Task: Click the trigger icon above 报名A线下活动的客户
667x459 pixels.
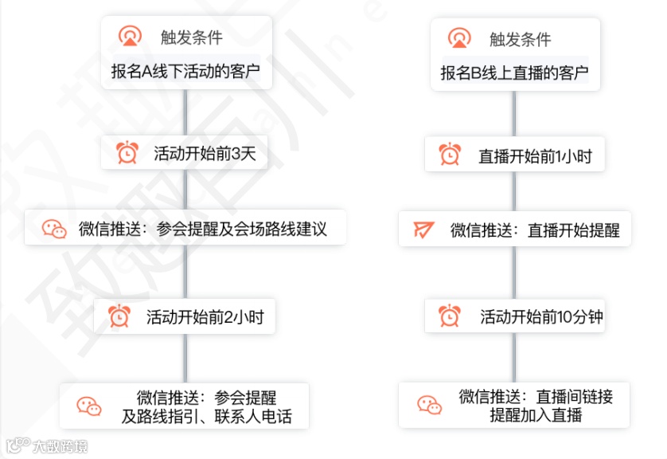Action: tap(129, 36)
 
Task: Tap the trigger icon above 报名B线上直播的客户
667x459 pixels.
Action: tap(458, 38)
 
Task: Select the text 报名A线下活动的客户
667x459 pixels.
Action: tap(185, 73)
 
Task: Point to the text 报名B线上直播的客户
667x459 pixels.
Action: tap(514, 74)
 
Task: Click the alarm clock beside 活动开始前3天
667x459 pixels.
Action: tap(127, 153)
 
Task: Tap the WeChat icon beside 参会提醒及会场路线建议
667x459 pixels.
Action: tap(55, 229)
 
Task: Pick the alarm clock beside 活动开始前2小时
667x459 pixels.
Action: tap(119, 317)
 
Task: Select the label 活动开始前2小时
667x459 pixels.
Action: tap(205, 317)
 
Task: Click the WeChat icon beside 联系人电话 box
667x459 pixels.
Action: tap(89, 406)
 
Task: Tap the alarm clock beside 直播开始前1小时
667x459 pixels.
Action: tap(451, 155)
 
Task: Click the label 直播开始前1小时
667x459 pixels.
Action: tap(535, 155)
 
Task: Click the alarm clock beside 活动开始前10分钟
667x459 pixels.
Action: tap(451, 317)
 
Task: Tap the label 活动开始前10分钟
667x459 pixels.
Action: tap(541, 317)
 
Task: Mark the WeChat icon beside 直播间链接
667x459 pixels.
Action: tap(430, 404)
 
